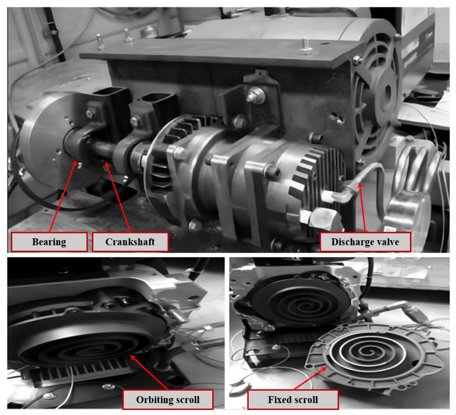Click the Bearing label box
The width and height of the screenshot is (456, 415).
[x=49, y=242]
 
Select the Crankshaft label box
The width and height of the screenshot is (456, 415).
[x=130, y=242]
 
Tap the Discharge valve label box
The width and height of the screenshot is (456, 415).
[x=365, y=242]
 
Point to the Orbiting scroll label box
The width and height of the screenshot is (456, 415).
[x=168, y=400]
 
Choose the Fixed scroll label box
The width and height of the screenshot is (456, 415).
[x=293, y=400]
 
